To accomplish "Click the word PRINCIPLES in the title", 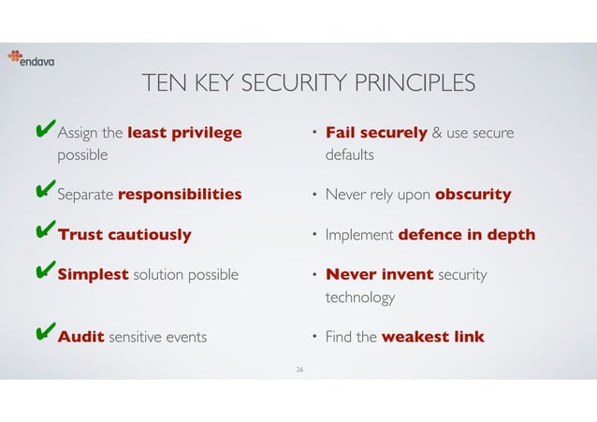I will (x=410, y=85).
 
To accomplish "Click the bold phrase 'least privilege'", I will (x=183, y=133).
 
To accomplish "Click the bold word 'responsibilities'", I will (x=180, y=195).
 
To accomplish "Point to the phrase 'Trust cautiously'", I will (x=124, y=235).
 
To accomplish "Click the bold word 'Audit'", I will (x=80, y=336).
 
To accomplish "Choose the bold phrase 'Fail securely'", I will (x=376, y=133).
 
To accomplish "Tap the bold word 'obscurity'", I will (x=473, y=195).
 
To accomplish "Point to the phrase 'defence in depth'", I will (x=467, y=235).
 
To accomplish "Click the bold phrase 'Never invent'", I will (x=379, y=275).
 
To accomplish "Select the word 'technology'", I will (x=359, y=298).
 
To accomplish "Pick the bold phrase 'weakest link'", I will (x=433, y=336).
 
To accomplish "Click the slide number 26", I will (x=299, y=371).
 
